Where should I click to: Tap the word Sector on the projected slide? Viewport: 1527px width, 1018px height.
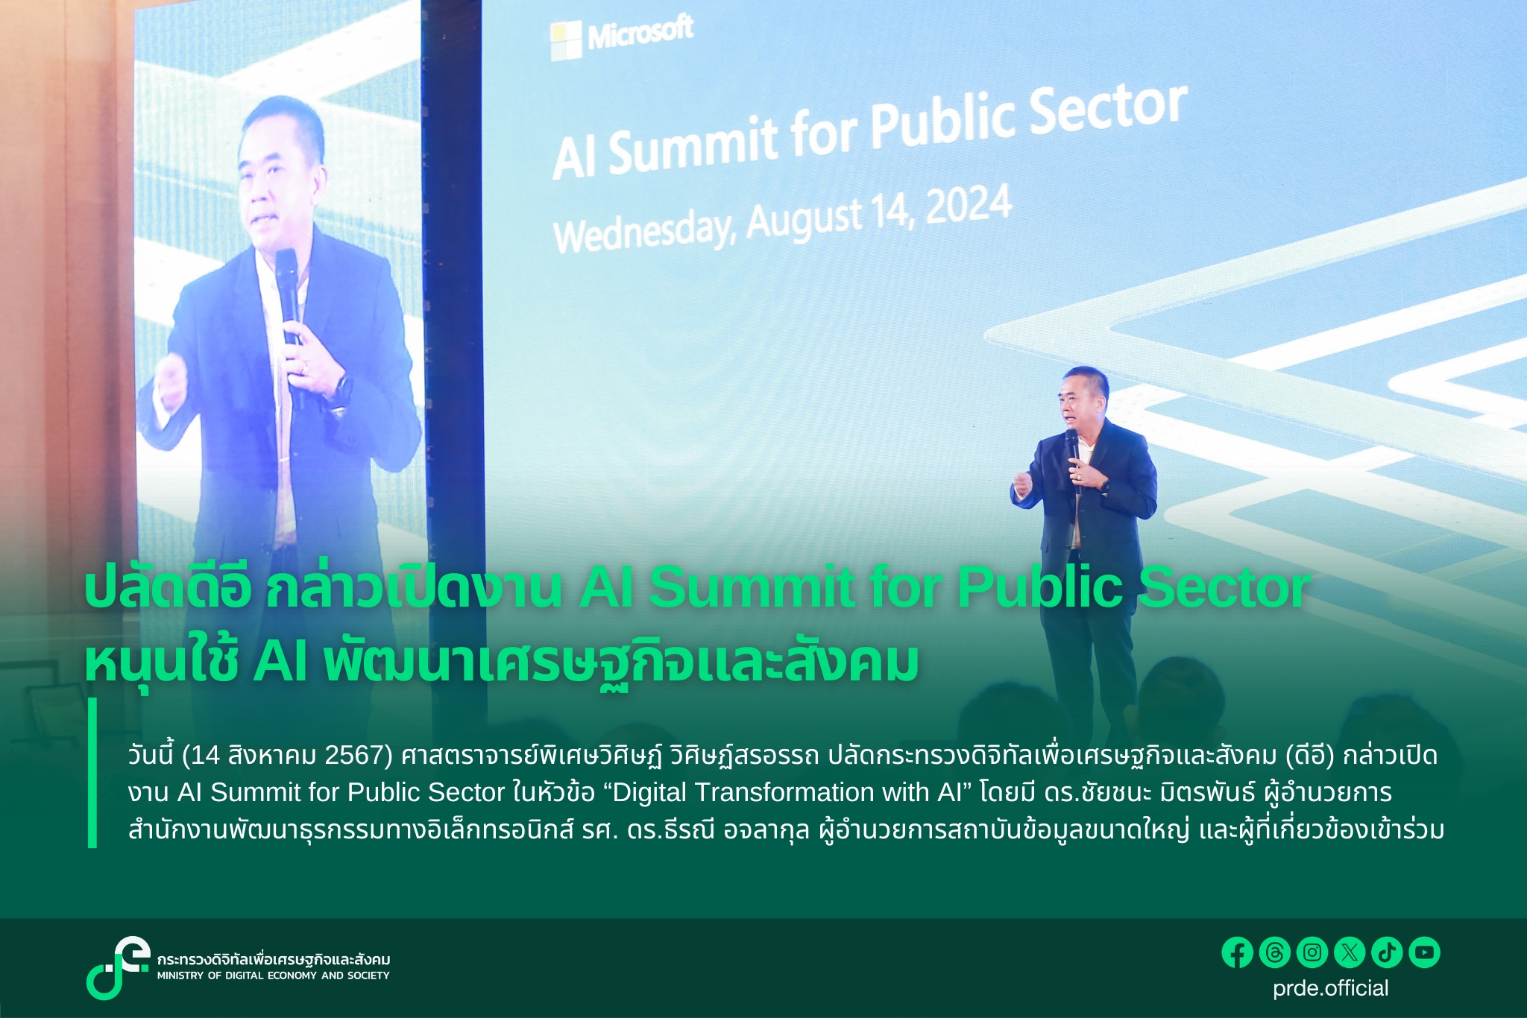point(1109,114)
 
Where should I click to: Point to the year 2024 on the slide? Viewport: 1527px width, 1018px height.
point(969,205)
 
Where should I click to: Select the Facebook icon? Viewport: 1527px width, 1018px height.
point(1237,952)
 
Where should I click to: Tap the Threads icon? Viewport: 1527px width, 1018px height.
point(1274,952)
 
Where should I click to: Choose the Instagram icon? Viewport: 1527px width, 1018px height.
point(1312,952)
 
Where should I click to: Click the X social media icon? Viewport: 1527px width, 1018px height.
point(1350,952)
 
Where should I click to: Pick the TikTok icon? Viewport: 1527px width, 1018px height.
point(1387,952)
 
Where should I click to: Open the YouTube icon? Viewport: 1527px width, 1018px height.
point(1424,952)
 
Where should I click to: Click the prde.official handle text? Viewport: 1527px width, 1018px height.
point(1331,988)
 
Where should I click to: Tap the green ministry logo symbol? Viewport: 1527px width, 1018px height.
point(117,967)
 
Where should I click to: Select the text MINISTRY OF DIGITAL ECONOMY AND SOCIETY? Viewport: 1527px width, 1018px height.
point(273,976)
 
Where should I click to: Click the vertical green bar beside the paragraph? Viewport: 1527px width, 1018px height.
point(92,773)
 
